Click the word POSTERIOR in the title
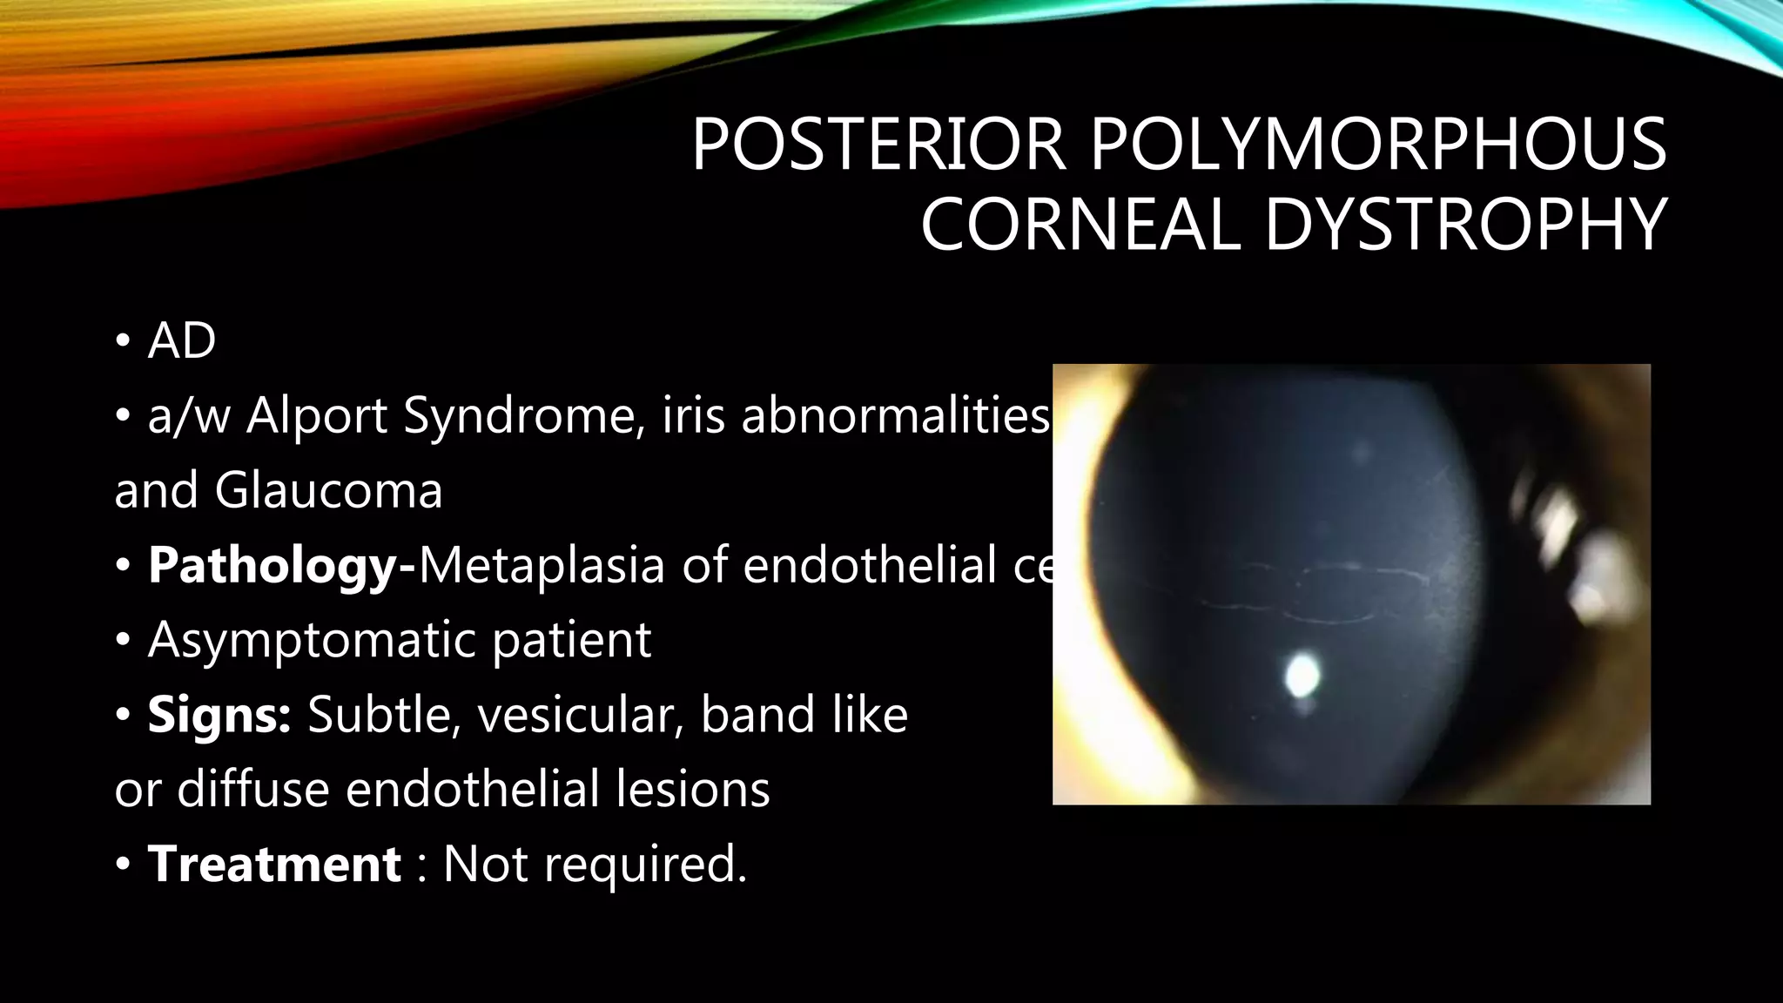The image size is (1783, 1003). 878,145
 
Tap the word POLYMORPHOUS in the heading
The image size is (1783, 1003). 1378,145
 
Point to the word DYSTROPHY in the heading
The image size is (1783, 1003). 1465,225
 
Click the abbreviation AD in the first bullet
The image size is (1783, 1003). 181,340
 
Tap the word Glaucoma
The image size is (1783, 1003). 328,490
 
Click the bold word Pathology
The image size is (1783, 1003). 273,566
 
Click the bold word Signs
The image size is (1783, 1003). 219,716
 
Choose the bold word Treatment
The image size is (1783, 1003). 274,865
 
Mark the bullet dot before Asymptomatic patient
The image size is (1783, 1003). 123,642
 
